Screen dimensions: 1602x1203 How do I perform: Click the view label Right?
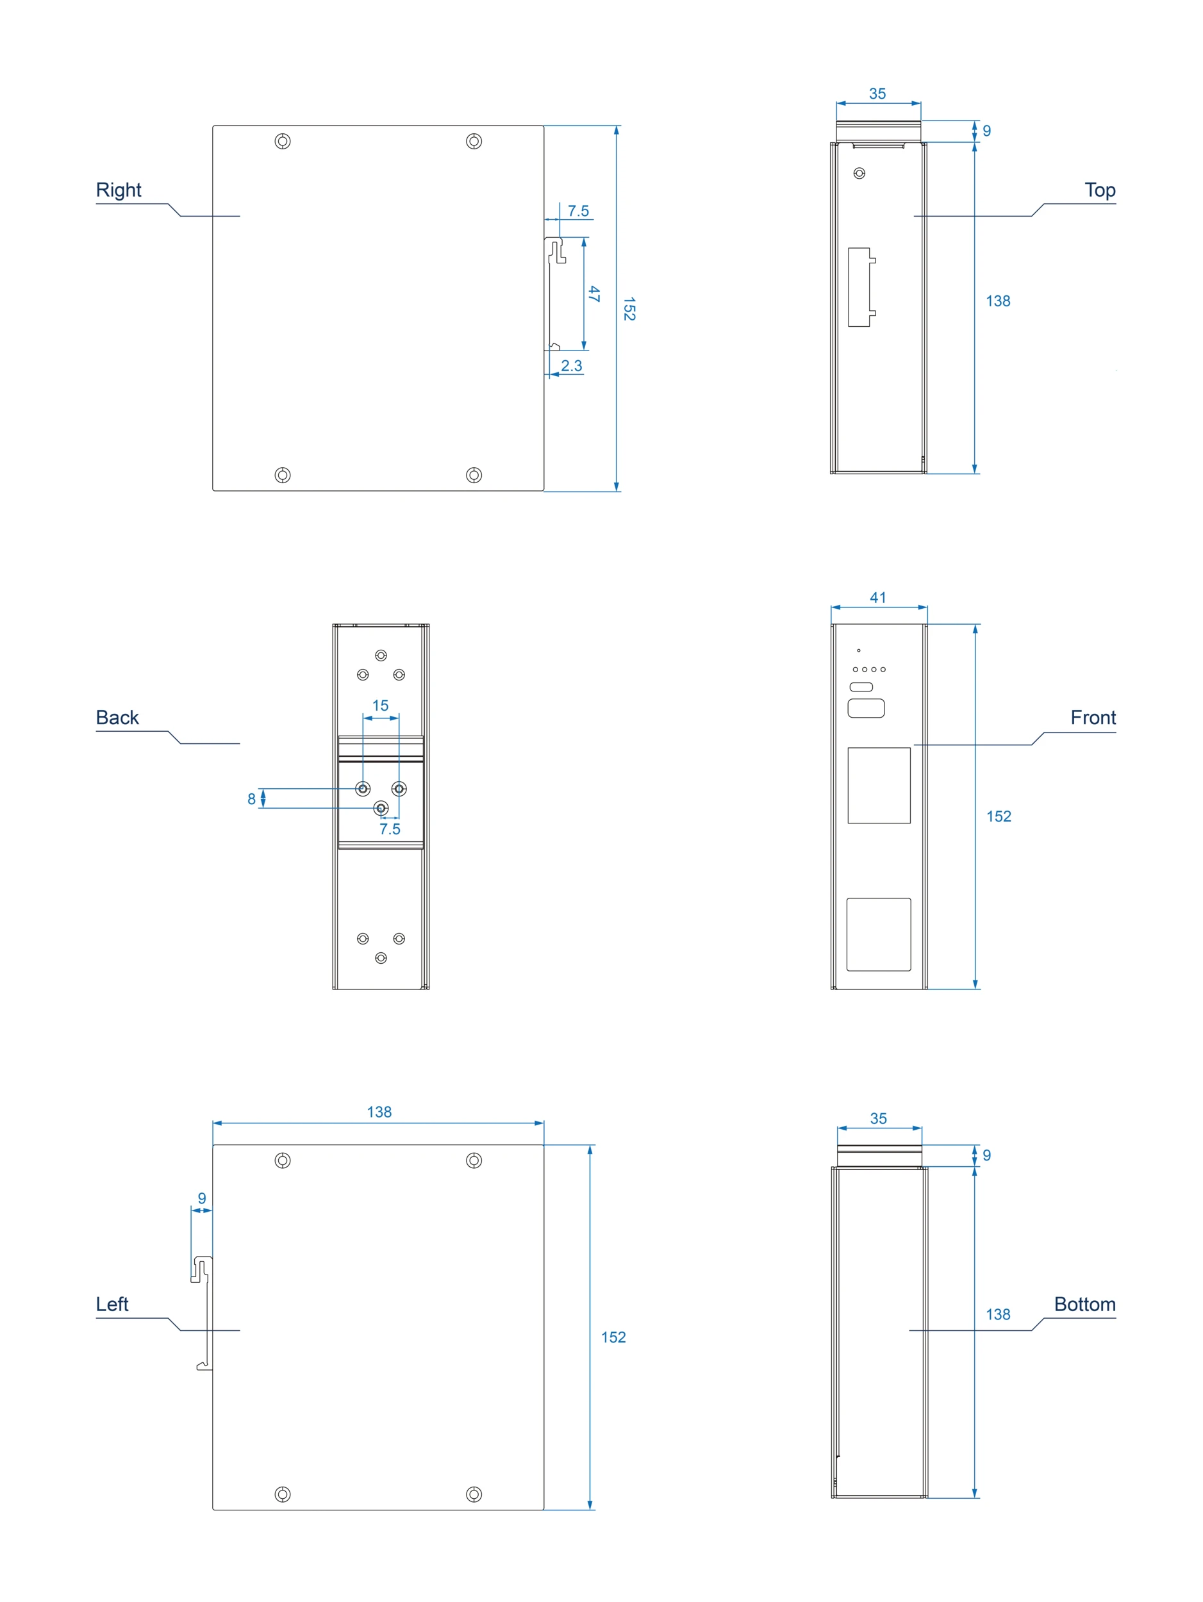[x=118, y=190]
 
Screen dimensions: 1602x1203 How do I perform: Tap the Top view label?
[x=1099, y=190]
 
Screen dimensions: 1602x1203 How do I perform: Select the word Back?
[x=117, y=717]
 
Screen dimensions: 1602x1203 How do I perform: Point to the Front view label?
[x=1092, y=717]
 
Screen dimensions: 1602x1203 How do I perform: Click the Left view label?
[x=112, y=1303]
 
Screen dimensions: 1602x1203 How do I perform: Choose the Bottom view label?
[x=1084, y=1303]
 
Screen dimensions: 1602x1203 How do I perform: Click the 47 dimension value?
[x=594, y=293]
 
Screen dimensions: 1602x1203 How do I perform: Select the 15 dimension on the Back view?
[x=379, y=705]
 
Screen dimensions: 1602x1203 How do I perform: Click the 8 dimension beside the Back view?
[x=251, y=799]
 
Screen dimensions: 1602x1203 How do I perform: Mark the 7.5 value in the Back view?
[x=389, y=829]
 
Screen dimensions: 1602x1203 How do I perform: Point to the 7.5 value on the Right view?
[x=577, y=211]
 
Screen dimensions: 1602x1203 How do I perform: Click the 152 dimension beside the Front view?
[x=998, y=816]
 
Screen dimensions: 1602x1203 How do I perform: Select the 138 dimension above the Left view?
[x=378, y=1112]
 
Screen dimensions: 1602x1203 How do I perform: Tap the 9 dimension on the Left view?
[x=201, y=1198]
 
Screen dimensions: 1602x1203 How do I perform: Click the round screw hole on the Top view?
[x=859, y=173]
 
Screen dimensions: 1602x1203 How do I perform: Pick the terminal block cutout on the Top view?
[x=859, y=287]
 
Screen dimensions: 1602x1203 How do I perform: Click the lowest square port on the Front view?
[x=878, y=934]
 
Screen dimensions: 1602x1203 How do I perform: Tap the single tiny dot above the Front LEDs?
[x=858, y=650]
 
